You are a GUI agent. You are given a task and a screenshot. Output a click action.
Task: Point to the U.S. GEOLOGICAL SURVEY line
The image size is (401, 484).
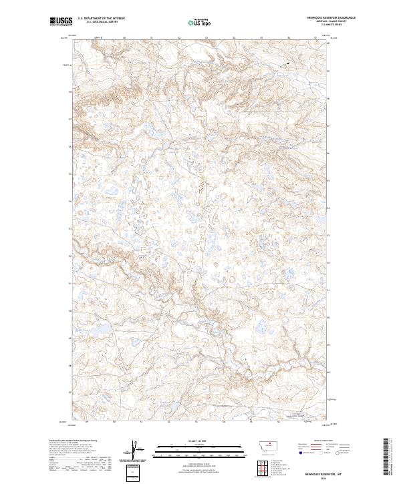click(96, 22)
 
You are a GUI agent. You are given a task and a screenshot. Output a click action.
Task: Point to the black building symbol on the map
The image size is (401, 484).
click(287, 64)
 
